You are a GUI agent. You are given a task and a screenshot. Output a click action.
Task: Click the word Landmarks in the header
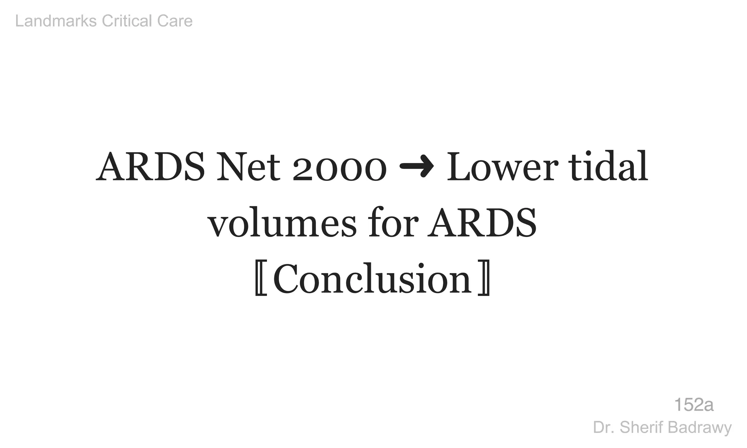tap(56, 21)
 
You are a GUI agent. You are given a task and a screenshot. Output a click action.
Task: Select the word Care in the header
tap(175, 21)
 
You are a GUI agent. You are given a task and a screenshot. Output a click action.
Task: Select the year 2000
tap(339, 169)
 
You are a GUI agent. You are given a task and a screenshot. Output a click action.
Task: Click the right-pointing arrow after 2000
tap(417, 167)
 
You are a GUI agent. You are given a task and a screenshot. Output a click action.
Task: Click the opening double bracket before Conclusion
tap(261, 279)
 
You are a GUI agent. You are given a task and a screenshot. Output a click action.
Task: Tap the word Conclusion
tap(372, 279)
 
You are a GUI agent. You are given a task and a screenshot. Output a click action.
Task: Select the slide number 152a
tap(694, 405)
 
